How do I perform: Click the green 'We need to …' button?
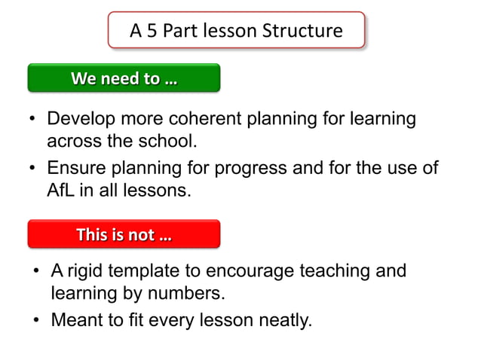pos(124,78)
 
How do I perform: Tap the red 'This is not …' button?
pos(124,234)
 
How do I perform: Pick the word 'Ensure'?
pos(73,168)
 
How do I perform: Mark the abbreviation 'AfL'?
pos(60,189)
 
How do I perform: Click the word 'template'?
pos(148,270)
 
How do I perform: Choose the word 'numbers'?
pos(189,291)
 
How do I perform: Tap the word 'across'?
pos(72,141)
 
